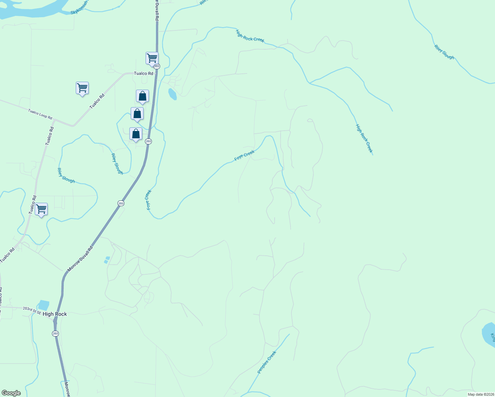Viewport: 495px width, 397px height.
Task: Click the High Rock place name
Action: point(55,314)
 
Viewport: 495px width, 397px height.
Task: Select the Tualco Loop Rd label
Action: point(40,114)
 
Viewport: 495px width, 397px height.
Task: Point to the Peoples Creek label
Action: point(267,363)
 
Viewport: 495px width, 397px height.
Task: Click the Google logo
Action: point(11,393)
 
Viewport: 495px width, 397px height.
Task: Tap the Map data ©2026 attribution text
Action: point(480,394)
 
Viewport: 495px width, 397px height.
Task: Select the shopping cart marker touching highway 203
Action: point(152,58)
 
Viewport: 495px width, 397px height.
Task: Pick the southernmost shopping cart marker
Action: point(41,209)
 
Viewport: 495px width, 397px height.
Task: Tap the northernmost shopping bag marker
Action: point(142,96)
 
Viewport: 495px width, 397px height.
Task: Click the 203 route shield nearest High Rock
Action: point(55,333)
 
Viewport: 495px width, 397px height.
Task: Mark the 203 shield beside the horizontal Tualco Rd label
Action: point(157,66)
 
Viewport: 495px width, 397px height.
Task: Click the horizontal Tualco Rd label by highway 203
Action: point(143,73)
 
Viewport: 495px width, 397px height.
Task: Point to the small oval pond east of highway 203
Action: point(172,94)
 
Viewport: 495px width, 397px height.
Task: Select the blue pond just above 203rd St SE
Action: point(44,305)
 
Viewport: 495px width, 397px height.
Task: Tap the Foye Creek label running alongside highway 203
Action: point(149,199)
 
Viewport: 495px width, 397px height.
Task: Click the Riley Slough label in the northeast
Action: point(444,52)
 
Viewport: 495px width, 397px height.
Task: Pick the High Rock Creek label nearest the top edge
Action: point(250,36)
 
